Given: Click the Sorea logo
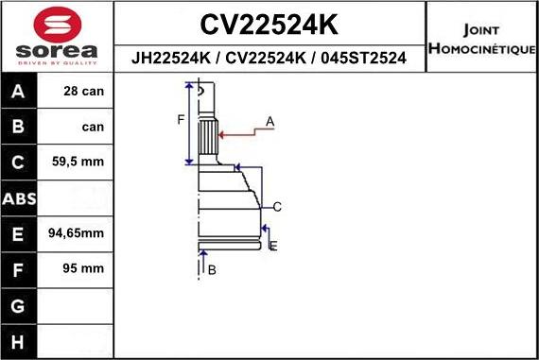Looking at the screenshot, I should (x=57, y=37).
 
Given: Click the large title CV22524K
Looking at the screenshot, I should (x=269, y=23).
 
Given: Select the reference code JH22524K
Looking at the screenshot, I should (x=171, y=58).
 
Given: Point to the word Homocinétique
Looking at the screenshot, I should (x=481, y=48).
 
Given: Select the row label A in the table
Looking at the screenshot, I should (x=19, y=93).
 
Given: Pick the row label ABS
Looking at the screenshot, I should (x=19, y=199).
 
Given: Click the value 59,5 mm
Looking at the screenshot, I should (x=79, y=163).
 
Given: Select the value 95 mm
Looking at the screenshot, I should (x=82, y=269).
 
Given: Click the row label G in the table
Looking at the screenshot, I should (x=19, y=305).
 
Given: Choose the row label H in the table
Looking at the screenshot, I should (x=19, y=340).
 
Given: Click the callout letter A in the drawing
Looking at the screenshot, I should (x=270, y=122).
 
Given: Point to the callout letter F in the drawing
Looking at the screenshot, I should (x=180, y=119).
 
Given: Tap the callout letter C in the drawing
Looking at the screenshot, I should (x=278, y=207).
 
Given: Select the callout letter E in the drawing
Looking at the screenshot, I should (x=272, y=247).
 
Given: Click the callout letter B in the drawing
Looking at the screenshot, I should (x=212, y=270).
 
